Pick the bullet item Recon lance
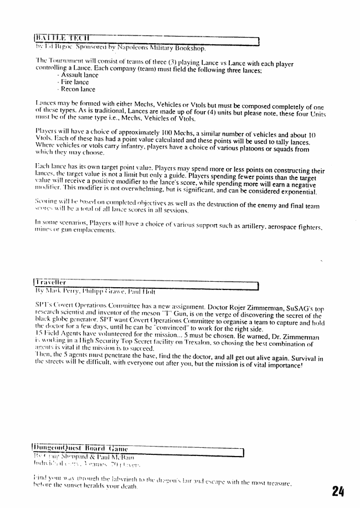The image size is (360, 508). [78, 89]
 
